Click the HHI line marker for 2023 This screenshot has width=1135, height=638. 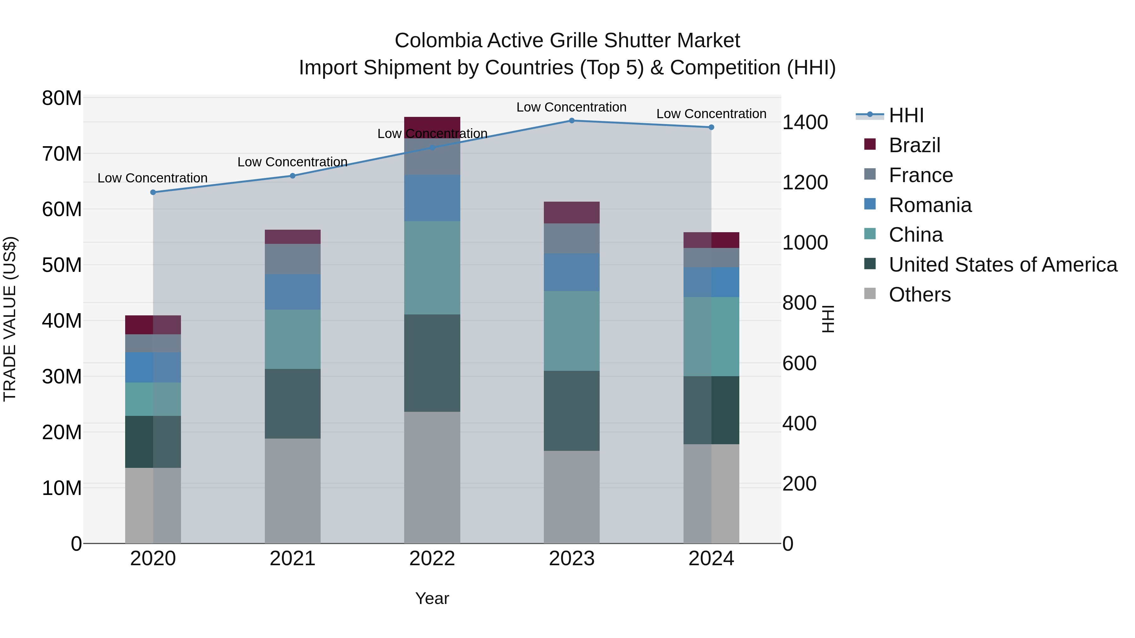pyautogui.click(x=572, y=121)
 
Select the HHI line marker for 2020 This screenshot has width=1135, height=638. pyautogui.click(x=153, y=193)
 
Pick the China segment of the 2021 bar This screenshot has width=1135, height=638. pyautogui.click(x=293, y=339)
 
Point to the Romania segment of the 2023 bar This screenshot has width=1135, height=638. pyautogui.click(x=572, y=272)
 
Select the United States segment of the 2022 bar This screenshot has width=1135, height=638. pyautogui.click(x=432, y=363)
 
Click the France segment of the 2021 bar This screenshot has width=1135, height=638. pyautogui.click(x=293, y=259)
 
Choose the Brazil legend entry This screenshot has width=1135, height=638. pyautogui.click(x=914, y=145)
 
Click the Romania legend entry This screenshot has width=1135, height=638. pyautogui.click(x=930, y=205)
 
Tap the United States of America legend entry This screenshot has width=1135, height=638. pyautogui.click(x=1002, y=265)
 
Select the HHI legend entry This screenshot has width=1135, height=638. pyautogui.click(x=906, y=115)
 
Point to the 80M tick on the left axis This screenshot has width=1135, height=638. pyautogui.click(x=62, y=98)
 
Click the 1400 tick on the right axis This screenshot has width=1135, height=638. pyautogui.click(x=805, y=123)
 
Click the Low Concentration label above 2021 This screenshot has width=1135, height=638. pyautogui.click(x=293, y=162)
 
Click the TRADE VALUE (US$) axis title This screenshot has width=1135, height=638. pyautogui.click(x=10, y=319)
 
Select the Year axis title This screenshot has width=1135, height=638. pyautogui.click(x=432, y=598)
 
